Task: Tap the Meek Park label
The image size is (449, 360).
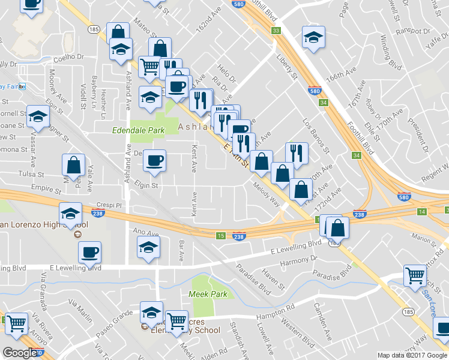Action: click(x=208, y=294)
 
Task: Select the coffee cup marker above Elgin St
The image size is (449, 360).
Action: click(x=154, y=161)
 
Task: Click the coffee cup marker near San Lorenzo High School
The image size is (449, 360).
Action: click(x=89, y=252)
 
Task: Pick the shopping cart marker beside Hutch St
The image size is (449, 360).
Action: click(x=415, y=276)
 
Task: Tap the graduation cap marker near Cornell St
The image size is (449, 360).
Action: click(x=38, y=117)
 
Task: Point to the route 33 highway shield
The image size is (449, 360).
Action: click(x=276, y=31)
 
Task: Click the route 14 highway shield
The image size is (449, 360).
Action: click(x=422, y=212)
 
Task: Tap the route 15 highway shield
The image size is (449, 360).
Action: click(x=221, y=235)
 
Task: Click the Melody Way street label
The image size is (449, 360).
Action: click(x=267, y=194)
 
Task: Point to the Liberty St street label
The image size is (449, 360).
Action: click(x=287, y=67)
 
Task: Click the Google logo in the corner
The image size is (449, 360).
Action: click(x=20, y=353)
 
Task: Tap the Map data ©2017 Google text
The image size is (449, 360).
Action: click(x=411, y=355)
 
